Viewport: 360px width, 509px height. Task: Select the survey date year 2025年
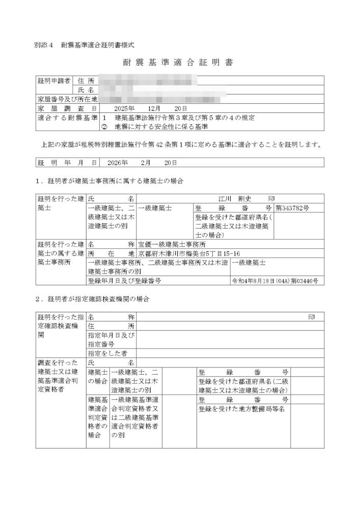tap(124, 108)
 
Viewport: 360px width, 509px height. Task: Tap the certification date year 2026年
tap(118, 163)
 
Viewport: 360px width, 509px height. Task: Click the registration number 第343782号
tap(292, 208)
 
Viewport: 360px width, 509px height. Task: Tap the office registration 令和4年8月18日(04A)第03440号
tap(275, 280)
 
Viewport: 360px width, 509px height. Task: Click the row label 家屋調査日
tap(67, 108)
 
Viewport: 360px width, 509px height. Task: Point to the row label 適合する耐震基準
tap(67, 118)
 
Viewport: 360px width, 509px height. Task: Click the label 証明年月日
tap(67, 163)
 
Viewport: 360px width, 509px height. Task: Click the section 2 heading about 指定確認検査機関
tap(92, 299)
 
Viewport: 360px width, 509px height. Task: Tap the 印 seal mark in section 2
tap(312, 317)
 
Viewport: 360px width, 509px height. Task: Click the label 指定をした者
tap(107, 353)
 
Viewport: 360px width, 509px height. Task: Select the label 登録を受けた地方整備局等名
tap(241, 408)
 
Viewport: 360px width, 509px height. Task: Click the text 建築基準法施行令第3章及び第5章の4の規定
tap(185, 118)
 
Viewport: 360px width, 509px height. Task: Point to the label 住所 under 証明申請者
tap(87, 81)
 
